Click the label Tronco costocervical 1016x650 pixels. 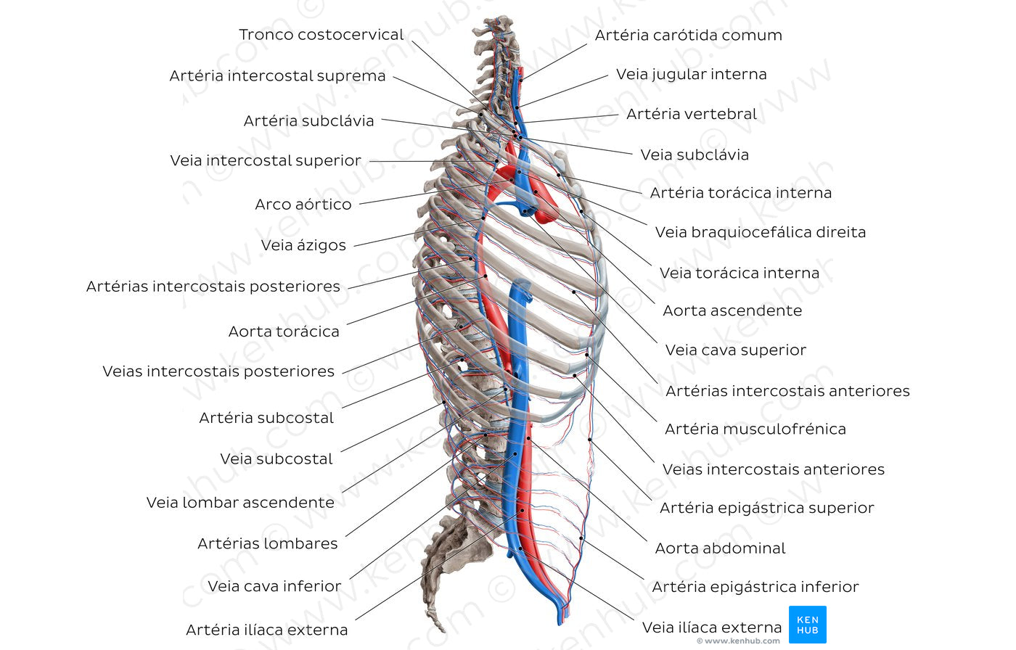pos(321,35)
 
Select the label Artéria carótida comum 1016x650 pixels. pos(688,36)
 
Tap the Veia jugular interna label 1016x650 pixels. pos(691,74)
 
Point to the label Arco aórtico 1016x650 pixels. pos(303,205)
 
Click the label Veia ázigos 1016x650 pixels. pos(303,245)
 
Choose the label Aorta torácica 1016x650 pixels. pos(284,332)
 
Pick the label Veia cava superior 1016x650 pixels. pos(735,350)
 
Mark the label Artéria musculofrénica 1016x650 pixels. pos(755,429)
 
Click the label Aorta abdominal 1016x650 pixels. pos(720,548)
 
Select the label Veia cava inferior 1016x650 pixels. pos(274,586)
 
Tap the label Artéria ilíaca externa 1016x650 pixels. pos(266,630)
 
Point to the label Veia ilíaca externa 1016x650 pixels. pos(711,628)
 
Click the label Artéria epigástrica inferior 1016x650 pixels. pos(755,587)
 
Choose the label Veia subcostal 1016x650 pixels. pos(276,459)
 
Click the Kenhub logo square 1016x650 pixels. pos(807,625)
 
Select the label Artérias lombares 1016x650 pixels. pos(267,544)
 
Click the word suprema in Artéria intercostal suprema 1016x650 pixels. pos(353,76)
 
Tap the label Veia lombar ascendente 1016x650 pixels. pos(240,503)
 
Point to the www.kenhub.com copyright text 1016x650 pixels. pos(738,641)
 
